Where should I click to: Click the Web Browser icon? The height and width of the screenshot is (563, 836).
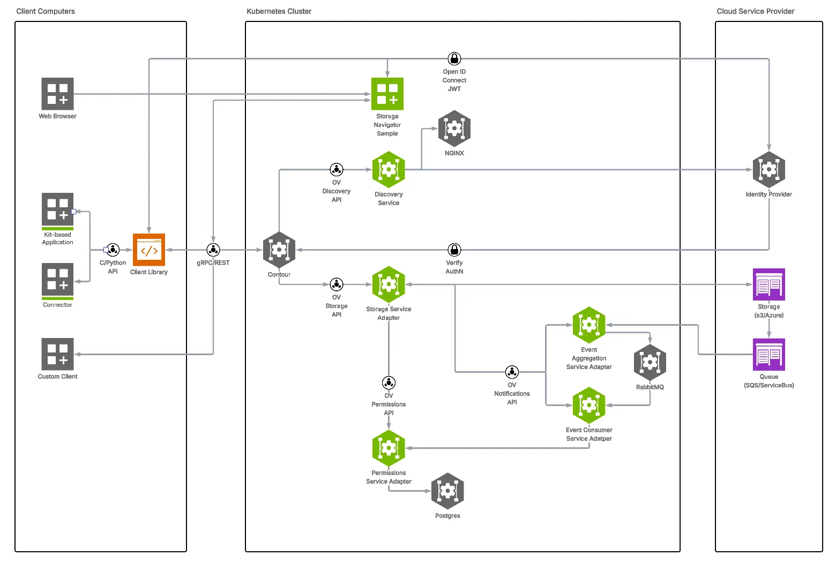(57, 94)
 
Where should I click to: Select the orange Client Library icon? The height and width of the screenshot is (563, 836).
(149, 250)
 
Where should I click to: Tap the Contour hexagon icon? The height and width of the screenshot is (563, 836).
(279, 250)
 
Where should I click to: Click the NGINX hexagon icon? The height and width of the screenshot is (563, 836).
(454, 129)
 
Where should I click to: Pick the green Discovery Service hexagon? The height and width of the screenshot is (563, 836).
(389, 170)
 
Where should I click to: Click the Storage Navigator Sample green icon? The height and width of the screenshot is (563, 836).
(387, 94)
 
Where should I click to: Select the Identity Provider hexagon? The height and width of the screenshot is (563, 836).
(769, 170)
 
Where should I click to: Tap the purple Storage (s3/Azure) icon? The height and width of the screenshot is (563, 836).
(769, 284)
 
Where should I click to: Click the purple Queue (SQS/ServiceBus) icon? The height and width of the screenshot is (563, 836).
(769, 355)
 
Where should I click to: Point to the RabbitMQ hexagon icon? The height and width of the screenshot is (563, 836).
(650, 363)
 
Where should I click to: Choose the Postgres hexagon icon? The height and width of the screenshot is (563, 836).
(447, 491)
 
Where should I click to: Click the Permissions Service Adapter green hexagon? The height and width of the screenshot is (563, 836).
(389, 448)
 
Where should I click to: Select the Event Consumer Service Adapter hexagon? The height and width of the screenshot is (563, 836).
(589, 406)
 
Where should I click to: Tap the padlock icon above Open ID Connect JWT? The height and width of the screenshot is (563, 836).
(454, 58)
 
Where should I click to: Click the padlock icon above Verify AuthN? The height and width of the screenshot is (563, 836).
(454, 250)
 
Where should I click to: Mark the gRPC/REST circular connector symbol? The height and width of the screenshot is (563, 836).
(213, 250)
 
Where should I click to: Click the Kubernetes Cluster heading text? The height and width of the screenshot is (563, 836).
(279, 11)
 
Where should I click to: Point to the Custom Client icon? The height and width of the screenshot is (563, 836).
(57, 354)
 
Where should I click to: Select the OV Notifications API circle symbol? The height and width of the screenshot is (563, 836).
(512, 372)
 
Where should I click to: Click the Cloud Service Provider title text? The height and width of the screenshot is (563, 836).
(756, 11)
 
